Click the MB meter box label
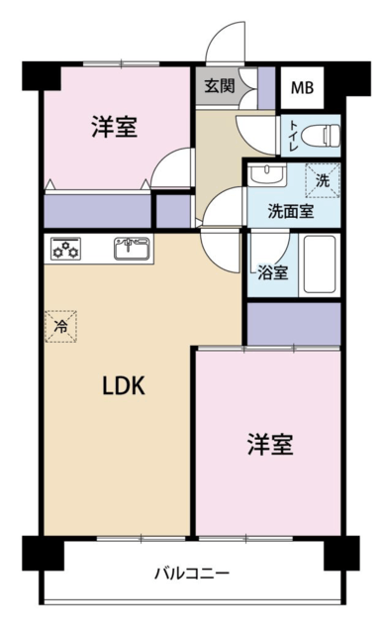coord(303,87)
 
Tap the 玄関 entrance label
coord(220,86)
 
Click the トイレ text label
coord(293,136)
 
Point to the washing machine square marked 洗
coord(323,180)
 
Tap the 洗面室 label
coord(291,211)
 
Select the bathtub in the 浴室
coord(320,264)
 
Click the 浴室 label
coord(273,273)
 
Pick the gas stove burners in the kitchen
coord(65,249)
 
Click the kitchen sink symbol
coord(132,249)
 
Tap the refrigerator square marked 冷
coord(61,326)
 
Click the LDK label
coord(123,385)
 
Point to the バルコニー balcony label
coord(192,573)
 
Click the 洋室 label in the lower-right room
coord(270,444)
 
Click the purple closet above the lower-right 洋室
coord(294,324)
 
